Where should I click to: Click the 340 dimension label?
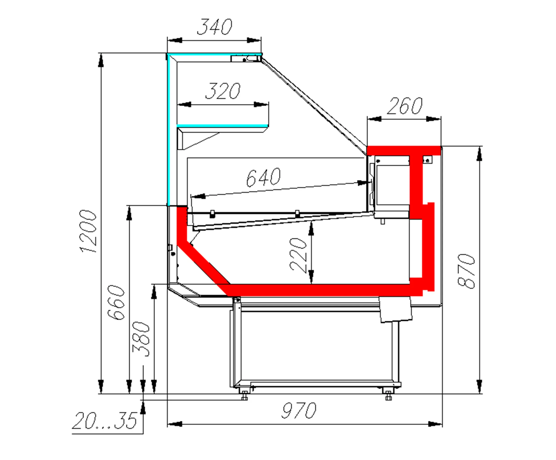click(215, 27)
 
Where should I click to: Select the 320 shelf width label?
click(223, 91)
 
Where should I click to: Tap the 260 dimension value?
click(405, 106)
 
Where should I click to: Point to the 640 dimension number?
click(263, 177)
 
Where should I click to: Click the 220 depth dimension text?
click(298, 255)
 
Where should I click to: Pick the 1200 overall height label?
click(88, 231)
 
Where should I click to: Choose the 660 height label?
click(116, 302)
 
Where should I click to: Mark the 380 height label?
click(141, 339)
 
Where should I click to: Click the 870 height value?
click(466, 271)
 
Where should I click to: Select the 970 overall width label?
click(298, 411)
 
